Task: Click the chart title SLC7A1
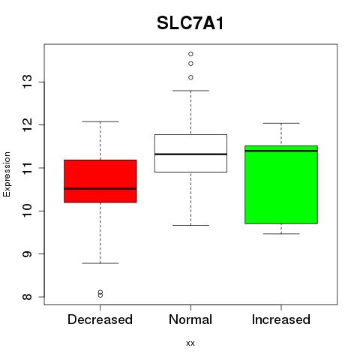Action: [x=190, y=23]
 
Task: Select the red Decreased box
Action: [x=100, y=181]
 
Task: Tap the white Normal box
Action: [x=190, y=153]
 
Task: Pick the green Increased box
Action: [x=281, y=184]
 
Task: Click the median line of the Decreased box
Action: [x=100, y=189]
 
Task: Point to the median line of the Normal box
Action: [x=190, y=154]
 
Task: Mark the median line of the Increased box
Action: [x=281, y=151]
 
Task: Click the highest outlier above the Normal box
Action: [x=190, y=54]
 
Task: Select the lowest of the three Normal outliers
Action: [x=190, y=77]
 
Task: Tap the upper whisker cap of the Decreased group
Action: [x=100, y=121]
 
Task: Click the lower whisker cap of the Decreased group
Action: [x=100, y=263]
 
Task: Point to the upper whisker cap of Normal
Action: [x=190, y=91]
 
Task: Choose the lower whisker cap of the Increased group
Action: [x=281, y=234]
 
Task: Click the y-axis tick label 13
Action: [x=27, y=82]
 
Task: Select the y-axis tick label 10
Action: [x=27, y=211]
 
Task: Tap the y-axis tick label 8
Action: [x=27, y=297]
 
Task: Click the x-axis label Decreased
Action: [x=100, y=319]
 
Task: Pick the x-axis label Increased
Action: [x=281, y=319]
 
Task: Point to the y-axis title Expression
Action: [x=7, y=174]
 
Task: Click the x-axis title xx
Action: [x=190, y=343]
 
